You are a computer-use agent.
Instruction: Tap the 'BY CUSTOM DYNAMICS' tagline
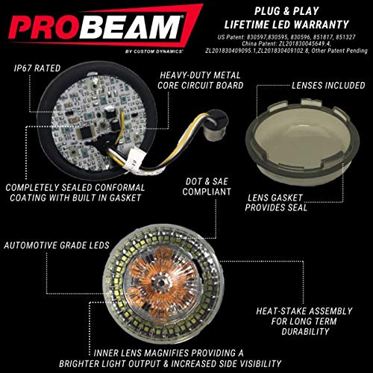pos(154,51)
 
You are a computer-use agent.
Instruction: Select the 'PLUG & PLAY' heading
pos(286,11)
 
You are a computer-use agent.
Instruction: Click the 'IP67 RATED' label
pos(37,68)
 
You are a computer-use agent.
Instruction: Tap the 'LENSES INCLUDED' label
pos(328,85)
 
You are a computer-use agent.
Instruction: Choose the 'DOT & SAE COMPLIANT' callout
pos(207,186)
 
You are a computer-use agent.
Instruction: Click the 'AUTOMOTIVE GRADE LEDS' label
pos(57,245)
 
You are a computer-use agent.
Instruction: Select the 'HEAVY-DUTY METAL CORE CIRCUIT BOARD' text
pos(200,80)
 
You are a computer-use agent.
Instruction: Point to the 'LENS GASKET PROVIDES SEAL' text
pos(276,203)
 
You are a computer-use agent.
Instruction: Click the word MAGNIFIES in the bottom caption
pos(166,353)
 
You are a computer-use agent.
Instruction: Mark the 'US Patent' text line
pos(286,37)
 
